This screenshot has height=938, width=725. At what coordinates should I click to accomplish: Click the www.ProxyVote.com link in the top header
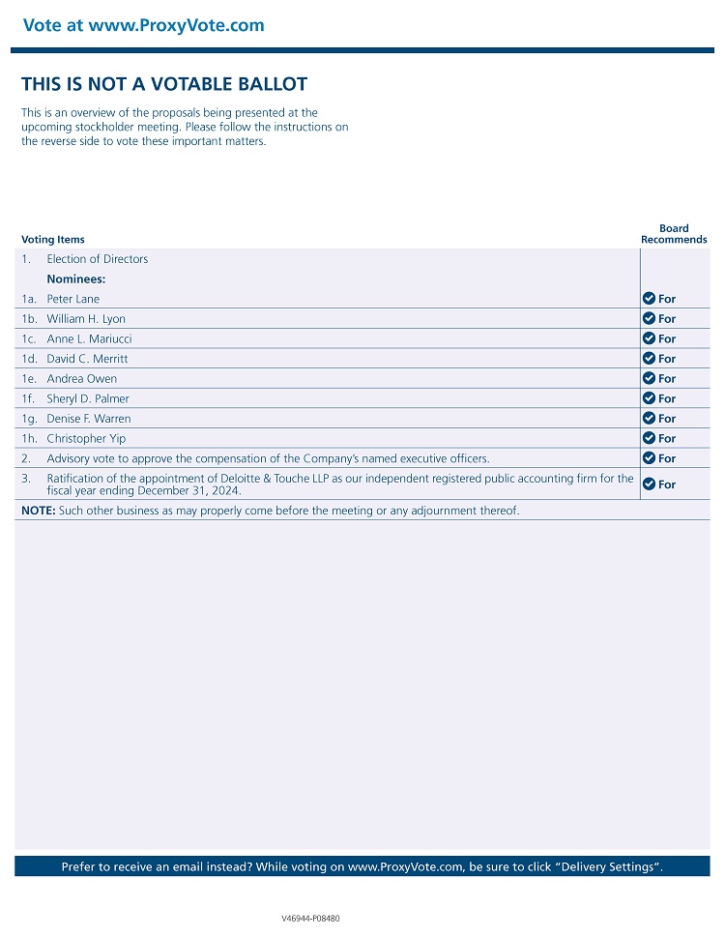click(x=176, y=26)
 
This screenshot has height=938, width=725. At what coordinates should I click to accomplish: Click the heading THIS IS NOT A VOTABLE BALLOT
click(x=164, y=84)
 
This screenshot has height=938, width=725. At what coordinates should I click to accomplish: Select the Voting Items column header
click(x=52, y=240)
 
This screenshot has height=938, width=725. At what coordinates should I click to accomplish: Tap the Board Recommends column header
click(x=674, y=234)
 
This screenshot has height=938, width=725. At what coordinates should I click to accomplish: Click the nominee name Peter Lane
click(x=73, y=299)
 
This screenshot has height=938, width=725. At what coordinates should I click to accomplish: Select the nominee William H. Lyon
click(x=86, y=319)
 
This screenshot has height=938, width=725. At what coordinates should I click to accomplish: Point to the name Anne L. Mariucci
click(x=89, y=339)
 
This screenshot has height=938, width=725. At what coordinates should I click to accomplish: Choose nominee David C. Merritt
click(x=87, y=359)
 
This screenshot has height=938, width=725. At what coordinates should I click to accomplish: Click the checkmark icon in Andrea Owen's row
click(x=649, y=379)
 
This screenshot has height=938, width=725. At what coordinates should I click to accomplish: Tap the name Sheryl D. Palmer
click(x=88, y=398)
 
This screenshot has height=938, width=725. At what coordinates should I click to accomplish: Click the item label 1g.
click(x=29, y=419)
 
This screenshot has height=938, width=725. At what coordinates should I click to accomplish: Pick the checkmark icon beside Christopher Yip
click(x=649, y=439)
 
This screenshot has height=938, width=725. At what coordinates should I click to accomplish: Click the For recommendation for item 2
click(x=667, y=459)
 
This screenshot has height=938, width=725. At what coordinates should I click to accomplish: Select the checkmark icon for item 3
click(x=649, y=484)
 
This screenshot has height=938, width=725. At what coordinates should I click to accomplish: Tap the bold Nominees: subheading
click(x=76, y=279)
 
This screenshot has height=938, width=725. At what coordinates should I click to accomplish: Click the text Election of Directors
click(x=98, y=259)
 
